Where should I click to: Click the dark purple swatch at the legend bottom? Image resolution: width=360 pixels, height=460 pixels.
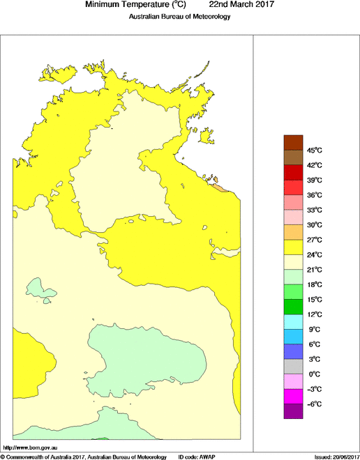[x=293, y=411]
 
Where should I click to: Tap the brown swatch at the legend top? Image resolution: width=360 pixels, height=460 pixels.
[x=293, y=142]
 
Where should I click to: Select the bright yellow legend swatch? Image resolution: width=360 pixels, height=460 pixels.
[x=293, y=247]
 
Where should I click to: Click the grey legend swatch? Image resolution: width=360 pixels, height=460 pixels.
[x=293, y=367]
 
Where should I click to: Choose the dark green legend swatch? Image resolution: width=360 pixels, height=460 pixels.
[x=293, y=307]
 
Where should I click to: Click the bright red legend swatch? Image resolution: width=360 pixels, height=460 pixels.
[x=293, y=187]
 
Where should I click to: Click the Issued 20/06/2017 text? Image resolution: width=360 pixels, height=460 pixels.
[x=336, y=457]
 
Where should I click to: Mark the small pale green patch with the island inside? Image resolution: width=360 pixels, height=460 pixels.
[x=42, y=288]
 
